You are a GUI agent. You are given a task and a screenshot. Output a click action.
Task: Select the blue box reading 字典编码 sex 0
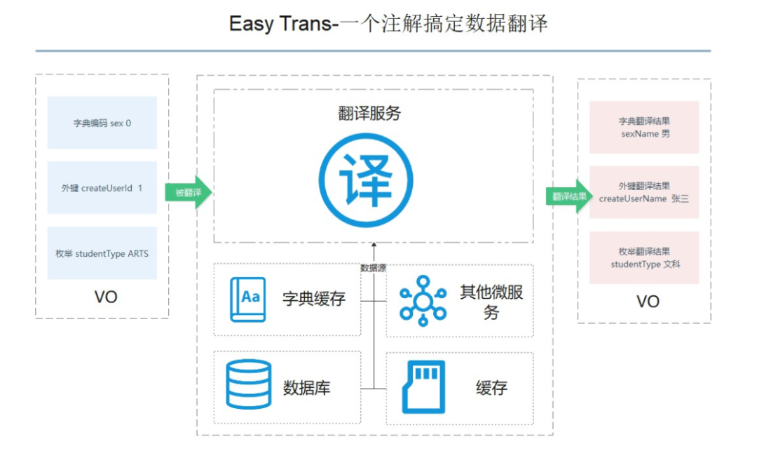[102, 123]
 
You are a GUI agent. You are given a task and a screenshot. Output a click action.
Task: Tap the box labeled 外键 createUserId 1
[102, 188]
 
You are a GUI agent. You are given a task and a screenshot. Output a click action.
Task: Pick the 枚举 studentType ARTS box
[102, 253]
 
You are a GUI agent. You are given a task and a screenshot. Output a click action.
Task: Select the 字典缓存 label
[314, 299]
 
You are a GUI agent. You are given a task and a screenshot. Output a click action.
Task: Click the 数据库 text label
[306, 387]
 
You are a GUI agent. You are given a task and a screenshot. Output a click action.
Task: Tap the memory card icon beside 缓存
[423, 386]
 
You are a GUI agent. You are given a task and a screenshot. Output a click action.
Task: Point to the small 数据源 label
[374, 268]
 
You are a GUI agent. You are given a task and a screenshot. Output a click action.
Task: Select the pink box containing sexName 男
[644, 127]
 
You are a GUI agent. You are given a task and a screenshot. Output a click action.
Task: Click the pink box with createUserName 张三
[644, 192]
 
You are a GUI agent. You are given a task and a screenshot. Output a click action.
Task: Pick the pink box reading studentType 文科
[644, 258]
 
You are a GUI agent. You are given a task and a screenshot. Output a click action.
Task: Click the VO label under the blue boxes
[106, 297]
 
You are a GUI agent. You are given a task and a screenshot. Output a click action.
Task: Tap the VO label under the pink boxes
[648, 302]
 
